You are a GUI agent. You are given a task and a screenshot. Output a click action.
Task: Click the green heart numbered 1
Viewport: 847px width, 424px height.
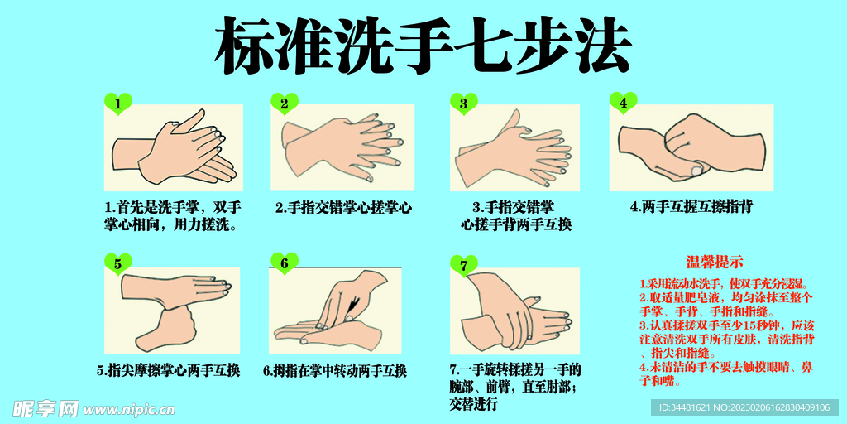pyautogui.click(x=118, y=104)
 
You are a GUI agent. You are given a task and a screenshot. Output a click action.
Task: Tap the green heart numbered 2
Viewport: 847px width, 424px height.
pyautogui.click(x=285, y=104)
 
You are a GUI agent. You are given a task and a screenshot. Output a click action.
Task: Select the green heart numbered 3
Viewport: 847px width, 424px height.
pyautogui.click(x=464, y=104)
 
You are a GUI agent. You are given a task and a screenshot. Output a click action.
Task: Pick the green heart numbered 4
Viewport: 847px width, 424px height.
pyautogui.click(x=624, y=103)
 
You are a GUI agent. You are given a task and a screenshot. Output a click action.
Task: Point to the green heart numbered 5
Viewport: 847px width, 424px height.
pyautogui.click(x=118, y=264)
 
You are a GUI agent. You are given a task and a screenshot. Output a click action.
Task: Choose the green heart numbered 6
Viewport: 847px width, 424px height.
pyautogui.click(x=285, y=264)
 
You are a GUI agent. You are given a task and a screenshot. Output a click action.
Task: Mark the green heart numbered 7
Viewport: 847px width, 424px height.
pyautogui.click(x=464, y=265)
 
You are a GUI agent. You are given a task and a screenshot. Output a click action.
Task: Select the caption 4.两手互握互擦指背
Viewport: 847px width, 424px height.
pyautogui.click(x=691, y=207)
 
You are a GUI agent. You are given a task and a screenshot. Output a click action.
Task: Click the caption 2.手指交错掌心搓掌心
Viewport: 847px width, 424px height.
pyautogui.click(x=342, y=208)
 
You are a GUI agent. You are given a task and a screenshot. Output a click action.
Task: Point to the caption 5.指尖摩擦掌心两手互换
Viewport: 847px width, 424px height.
pyautogui.click(x=169, y=370)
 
